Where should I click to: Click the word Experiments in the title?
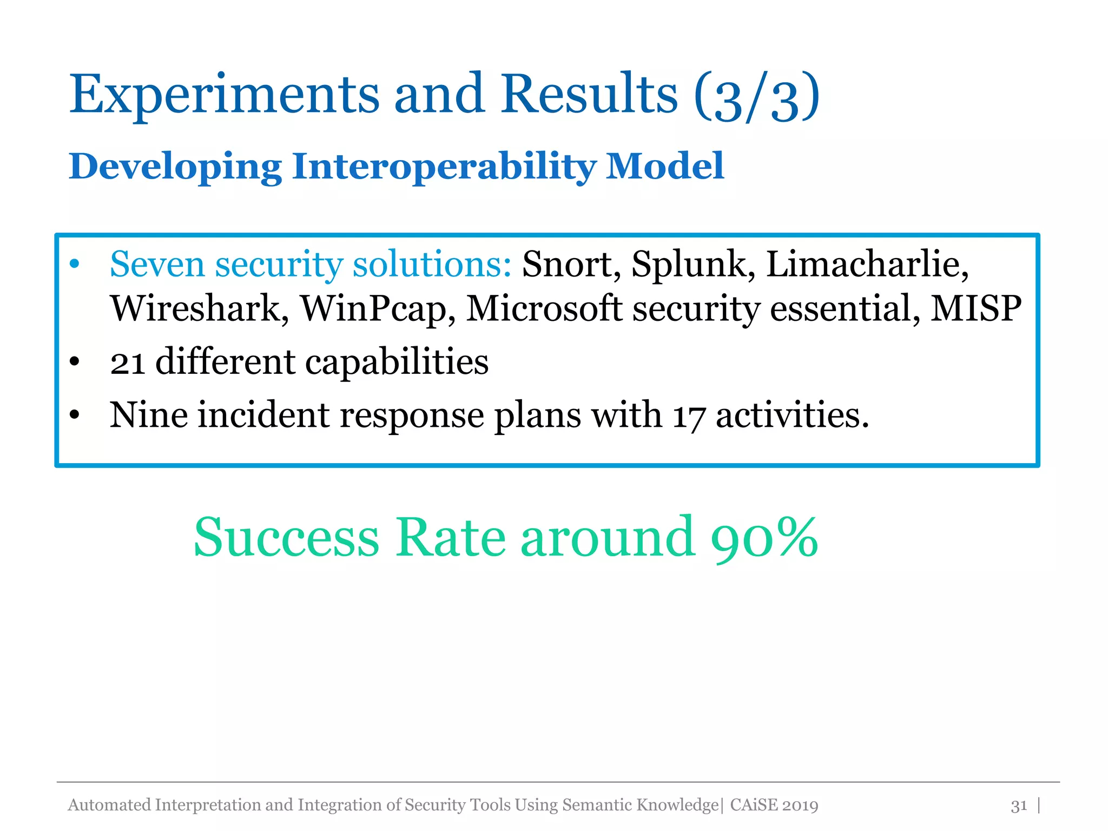point(224,95)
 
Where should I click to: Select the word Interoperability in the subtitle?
point(444,167)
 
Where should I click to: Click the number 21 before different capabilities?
point(127,362)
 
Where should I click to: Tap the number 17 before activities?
point(688,417)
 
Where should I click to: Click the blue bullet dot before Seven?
point(75,265)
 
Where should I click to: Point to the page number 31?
point(1019,806)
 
